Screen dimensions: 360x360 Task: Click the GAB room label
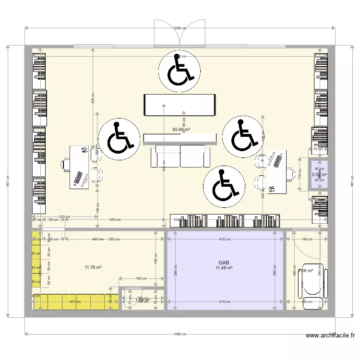pos(224,263)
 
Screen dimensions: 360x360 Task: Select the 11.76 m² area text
pos(92,267)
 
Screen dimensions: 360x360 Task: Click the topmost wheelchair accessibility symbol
pos(180,71)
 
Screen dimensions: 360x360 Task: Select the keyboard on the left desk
pos(77,179)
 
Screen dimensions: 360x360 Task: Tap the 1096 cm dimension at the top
pos(180,28)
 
